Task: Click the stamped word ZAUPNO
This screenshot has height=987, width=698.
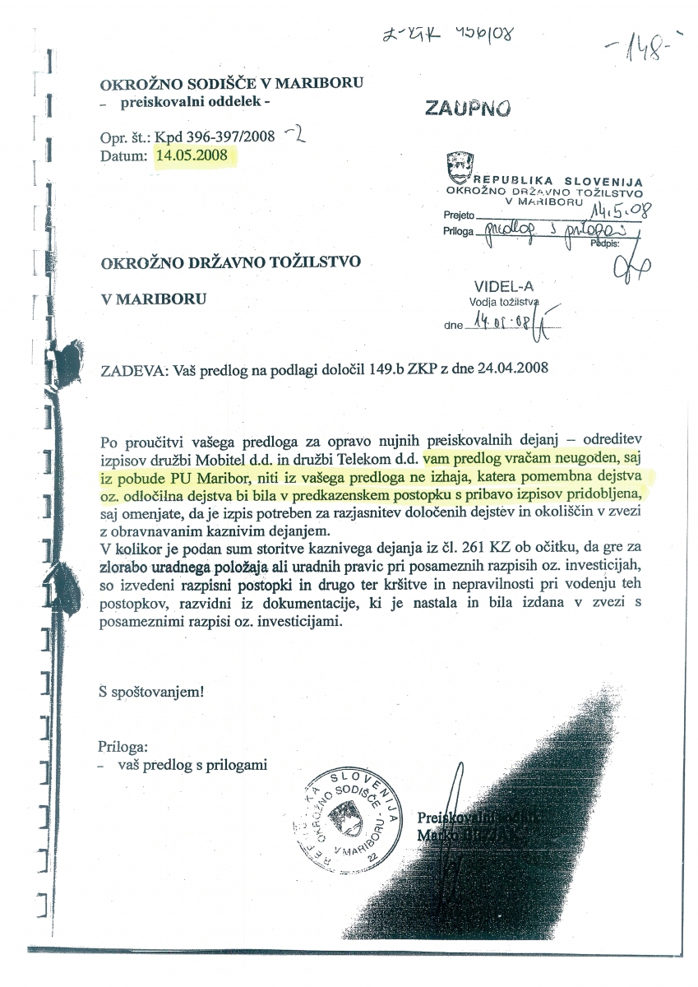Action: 467,109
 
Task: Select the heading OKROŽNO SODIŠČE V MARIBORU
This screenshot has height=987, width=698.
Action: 231,84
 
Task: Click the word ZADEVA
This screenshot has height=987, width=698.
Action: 130,370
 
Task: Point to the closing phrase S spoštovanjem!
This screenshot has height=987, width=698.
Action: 150,692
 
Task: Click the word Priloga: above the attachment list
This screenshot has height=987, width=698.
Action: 122,748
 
